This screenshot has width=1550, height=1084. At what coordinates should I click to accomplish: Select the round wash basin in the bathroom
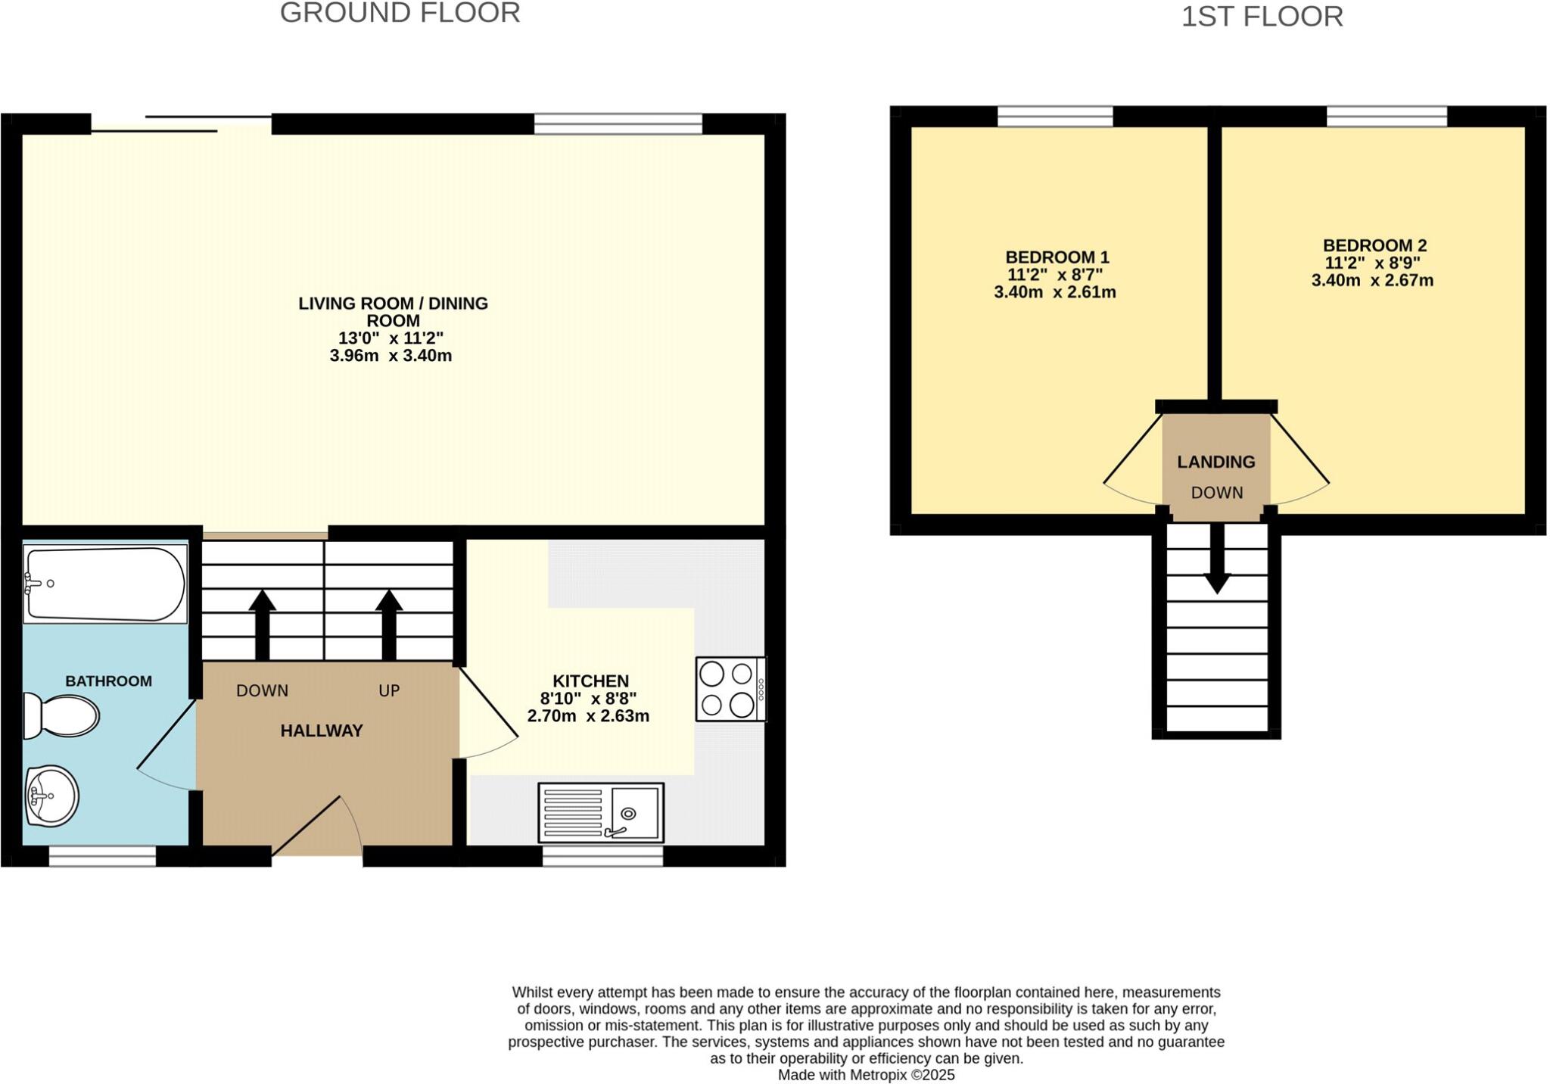pos(51,796)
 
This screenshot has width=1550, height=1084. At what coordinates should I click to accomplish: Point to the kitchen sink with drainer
pos(601,813)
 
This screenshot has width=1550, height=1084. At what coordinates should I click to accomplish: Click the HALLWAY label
pos(322,730)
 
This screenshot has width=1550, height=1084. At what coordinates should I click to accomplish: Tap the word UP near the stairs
pos(389,690)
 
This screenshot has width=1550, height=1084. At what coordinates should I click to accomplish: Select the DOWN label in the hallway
pos(262,690)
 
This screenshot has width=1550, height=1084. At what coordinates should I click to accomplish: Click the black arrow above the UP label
pos(389,625)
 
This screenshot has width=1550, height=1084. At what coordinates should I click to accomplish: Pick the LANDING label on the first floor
pos(1216,462)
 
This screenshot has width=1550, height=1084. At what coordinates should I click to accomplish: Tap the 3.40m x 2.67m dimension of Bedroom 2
pos(1372,280)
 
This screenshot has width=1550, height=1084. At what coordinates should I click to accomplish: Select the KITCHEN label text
pos(590,681)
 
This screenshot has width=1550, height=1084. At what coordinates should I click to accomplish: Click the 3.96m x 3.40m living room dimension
pos(391,356)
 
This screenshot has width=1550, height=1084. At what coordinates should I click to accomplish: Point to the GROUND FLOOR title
pos(400,13)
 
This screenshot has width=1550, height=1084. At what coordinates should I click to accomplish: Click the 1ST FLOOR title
pos(1262,16)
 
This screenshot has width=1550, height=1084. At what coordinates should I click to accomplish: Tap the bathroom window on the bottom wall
pos(102,855)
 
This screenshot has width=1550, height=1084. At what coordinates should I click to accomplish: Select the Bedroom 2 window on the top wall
pos(1387,117)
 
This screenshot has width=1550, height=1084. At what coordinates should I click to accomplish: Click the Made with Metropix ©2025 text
pos(866,1075)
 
